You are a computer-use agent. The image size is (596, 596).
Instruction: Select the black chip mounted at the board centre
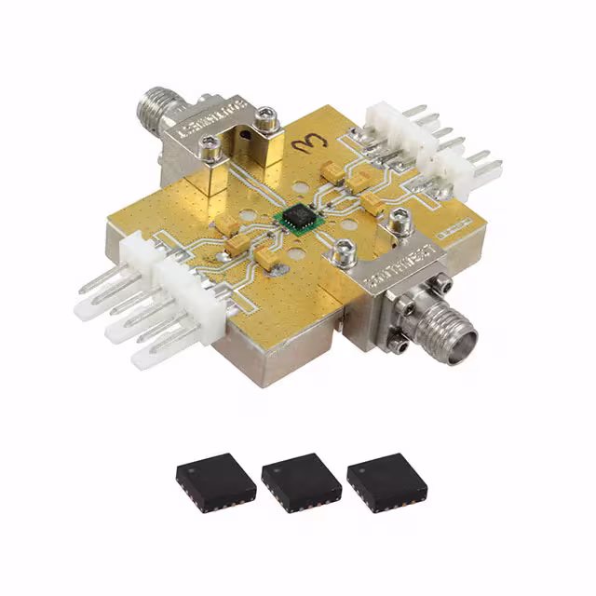pos(297,218)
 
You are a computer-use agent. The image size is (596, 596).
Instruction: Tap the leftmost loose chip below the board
pos(216,481)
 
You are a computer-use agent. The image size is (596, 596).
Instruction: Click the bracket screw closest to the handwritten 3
pos(268,118)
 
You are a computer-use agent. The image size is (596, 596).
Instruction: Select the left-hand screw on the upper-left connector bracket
pos(211,144)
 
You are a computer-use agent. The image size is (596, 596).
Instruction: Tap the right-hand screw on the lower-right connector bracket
pos(401,222)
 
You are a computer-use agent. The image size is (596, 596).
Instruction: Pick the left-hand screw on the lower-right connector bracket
pos(344,250)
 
